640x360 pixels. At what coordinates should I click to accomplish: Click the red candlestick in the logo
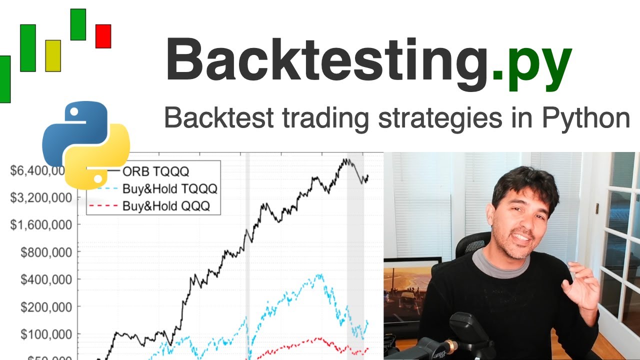103,36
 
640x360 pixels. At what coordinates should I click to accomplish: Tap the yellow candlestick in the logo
53,55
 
